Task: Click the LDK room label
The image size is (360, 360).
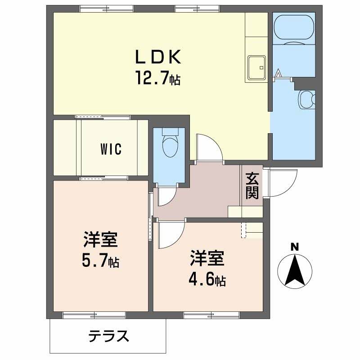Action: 158,57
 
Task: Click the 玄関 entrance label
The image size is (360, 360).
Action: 252,186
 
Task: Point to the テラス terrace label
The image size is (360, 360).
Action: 108,336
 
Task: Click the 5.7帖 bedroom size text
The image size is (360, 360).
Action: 100,261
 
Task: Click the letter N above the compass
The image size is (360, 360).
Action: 294,247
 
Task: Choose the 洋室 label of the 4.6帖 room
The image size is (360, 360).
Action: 207,260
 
